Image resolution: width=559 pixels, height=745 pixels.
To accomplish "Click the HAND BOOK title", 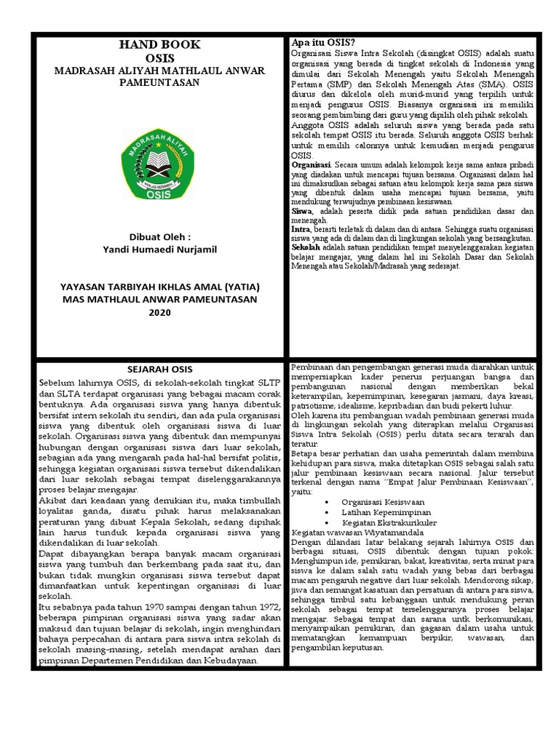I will (159, 46).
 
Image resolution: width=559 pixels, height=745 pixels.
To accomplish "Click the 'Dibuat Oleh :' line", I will (160, 236).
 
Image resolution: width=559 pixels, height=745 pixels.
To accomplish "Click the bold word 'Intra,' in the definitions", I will (301, 228).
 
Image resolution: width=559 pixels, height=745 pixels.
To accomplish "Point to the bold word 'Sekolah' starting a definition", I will (306, 247).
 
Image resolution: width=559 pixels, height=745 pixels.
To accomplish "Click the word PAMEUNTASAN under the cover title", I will (159, 82).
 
